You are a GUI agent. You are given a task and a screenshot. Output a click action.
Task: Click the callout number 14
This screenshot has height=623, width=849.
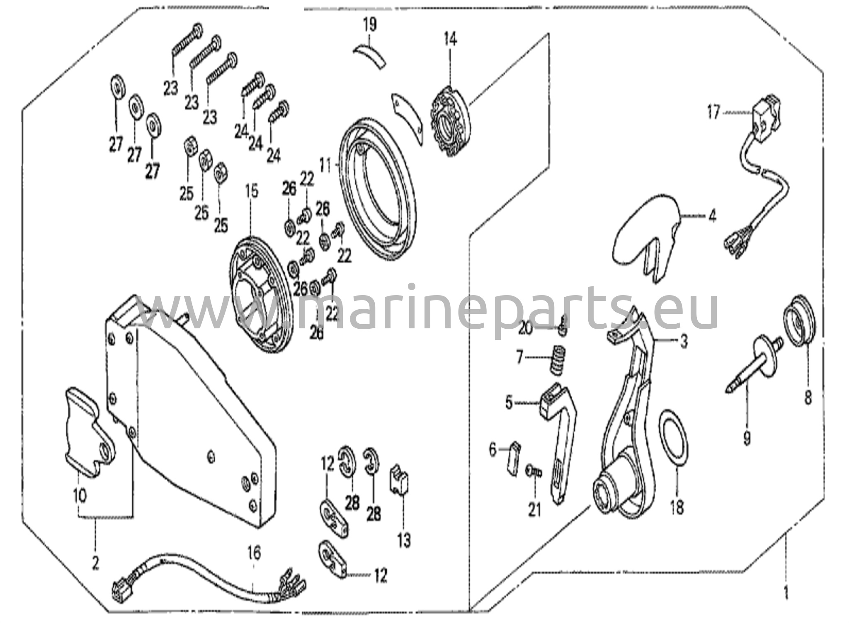tap(450, 40)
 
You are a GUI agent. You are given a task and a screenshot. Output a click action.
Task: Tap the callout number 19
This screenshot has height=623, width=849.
tap(370, 24)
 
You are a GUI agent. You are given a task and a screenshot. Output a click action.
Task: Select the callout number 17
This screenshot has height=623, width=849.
tap(713, 112)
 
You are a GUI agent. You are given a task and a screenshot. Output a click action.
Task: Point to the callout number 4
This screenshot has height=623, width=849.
tap(712, 216)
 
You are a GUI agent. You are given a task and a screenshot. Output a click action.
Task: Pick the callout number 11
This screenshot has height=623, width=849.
tap(327, 166)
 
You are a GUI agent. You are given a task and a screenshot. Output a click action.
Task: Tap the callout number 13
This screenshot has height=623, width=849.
tap(404, 540)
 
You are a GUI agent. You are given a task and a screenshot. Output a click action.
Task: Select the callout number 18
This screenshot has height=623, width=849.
tap(677, 507)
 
